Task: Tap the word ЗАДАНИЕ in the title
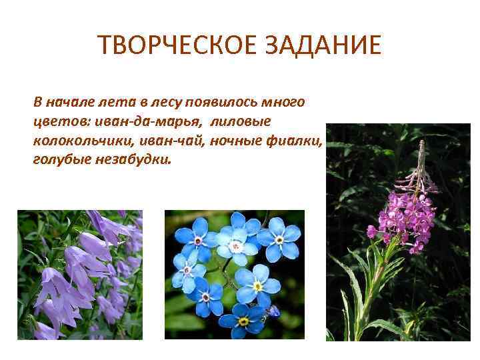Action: coord(320,45)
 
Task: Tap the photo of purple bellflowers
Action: coord(80,275)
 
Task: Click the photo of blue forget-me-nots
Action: coord(234,275)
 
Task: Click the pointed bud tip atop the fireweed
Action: coord(421,145)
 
